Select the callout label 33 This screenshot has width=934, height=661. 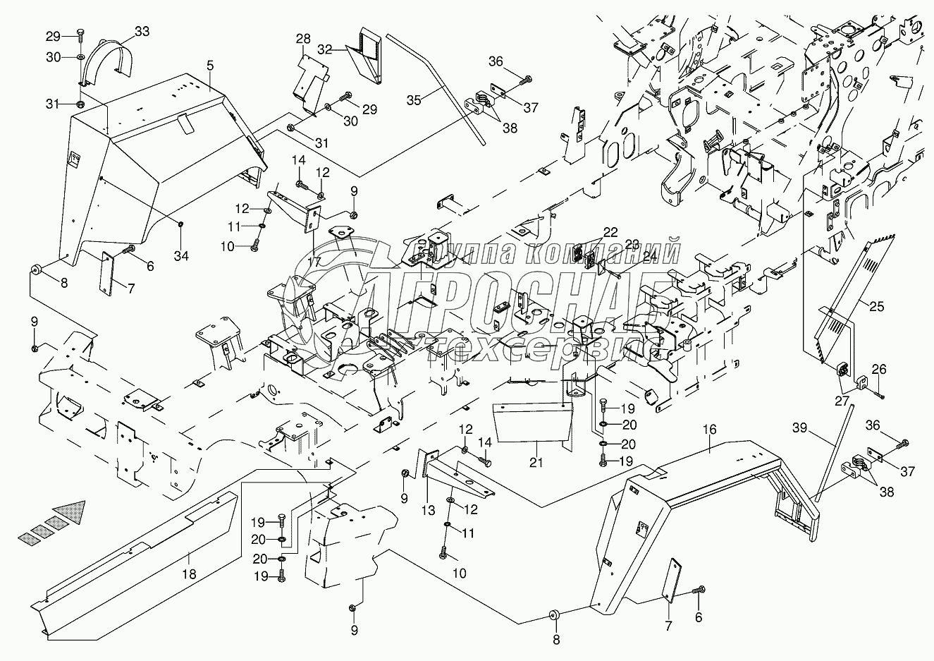point(142,31)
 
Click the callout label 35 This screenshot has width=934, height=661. point(414,101)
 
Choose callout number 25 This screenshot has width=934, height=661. point(877,307)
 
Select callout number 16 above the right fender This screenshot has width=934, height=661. point(709,429)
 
